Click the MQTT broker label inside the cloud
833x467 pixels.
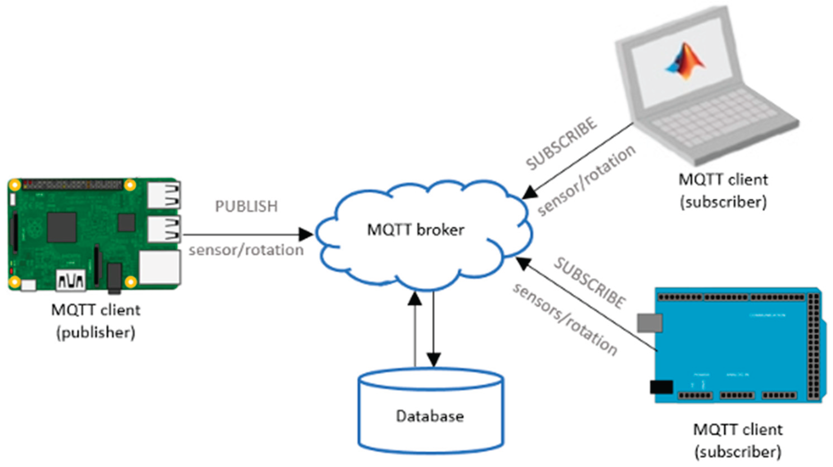click(x=416, y=230)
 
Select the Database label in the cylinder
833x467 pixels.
click(x=430, y=416)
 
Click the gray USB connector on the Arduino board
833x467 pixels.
click(x=649, y=323)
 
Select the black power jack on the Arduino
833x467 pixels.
click(x=661, y=387)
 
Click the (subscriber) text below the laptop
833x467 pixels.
click(x=724, y=203)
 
